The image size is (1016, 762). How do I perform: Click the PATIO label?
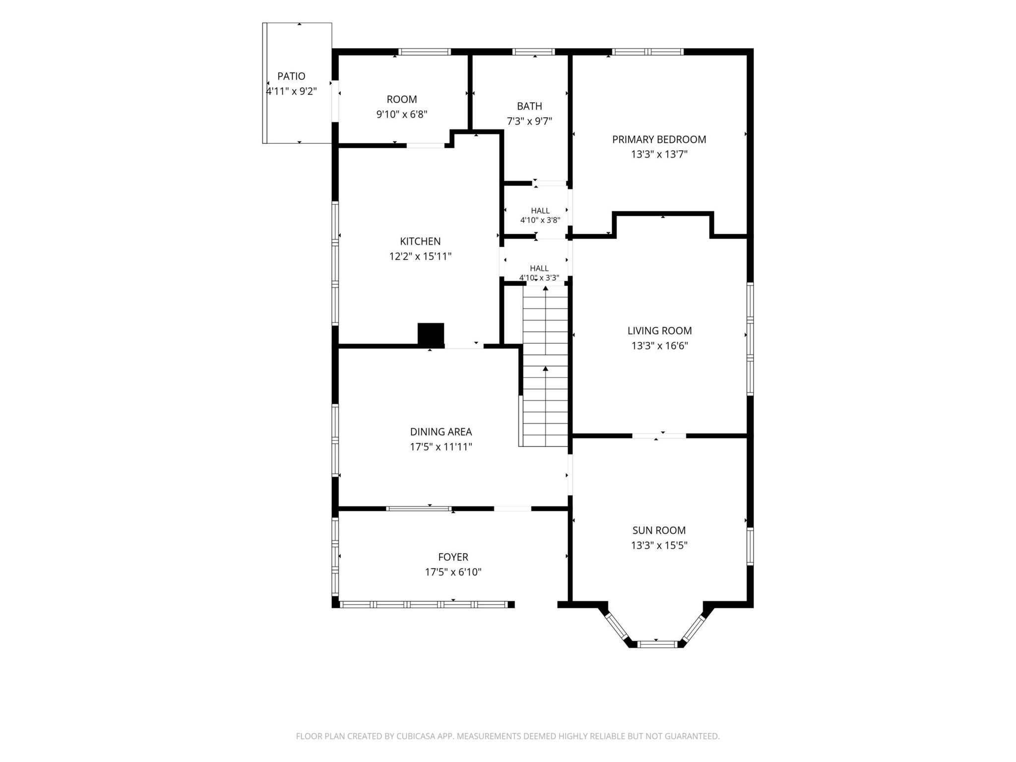(x=291, y=76)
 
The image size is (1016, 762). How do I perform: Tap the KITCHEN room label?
(x=420, y=242)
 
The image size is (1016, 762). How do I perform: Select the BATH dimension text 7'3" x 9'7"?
(x=529, y=121)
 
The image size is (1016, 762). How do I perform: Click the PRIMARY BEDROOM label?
(x=659, y=139)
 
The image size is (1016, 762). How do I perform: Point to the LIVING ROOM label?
(x=659, y=331)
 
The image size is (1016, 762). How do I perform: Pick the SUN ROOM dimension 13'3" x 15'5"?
(x=659, y=546)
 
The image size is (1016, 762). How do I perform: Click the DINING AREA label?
(x=441, y=432)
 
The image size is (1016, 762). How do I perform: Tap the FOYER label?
(x=453, y=557)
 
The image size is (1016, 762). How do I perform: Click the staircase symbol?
(x=545, y=366)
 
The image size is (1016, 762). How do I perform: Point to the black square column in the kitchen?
(x=431, y=334)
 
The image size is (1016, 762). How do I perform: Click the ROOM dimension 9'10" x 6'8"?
(x=402, y=115)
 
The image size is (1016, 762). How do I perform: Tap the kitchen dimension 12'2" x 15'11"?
(x=420, y=256)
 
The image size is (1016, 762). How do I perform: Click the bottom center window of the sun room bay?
(x=657, y=644)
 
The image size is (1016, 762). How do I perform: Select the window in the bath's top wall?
(x=533, y=52)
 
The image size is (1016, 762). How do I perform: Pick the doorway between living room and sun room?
(x=659, y=436)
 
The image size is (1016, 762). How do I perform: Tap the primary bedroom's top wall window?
(x=647, y=52)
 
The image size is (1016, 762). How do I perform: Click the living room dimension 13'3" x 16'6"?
(x=659, y=346)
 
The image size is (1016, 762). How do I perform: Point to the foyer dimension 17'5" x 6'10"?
(x=453, y=572)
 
